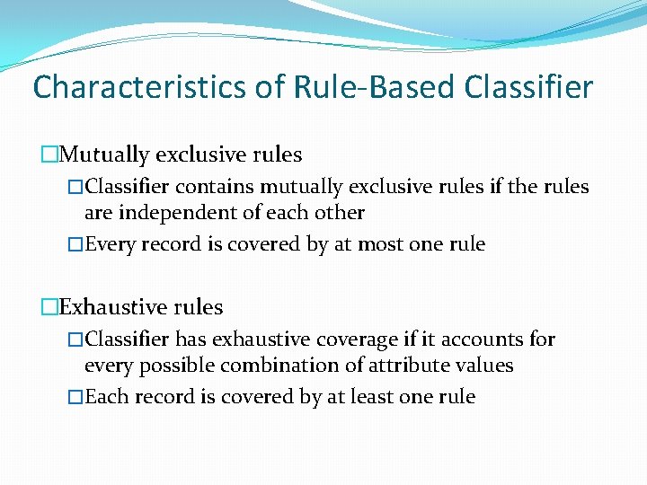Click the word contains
[x=214, y=187]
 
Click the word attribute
[x=412, y=366]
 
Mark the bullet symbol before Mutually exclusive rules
[x=49, y=154]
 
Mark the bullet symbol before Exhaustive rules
[x=49, y=307]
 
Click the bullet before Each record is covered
[x=75, y=397]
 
